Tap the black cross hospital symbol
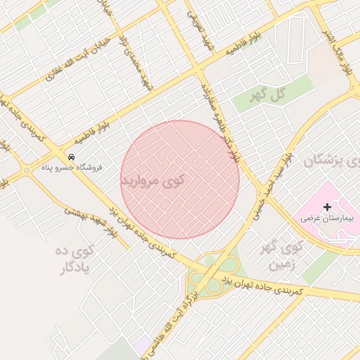tap(327, 207)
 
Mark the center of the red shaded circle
tap(180, 179)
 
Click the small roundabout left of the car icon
tap(27, 169)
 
